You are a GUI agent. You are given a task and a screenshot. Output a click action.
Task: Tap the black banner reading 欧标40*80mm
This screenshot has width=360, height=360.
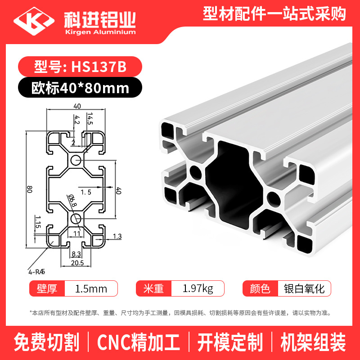[80, 87]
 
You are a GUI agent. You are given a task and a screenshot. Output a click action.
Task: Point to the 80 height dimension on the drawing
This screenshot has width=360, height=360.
[29, 189]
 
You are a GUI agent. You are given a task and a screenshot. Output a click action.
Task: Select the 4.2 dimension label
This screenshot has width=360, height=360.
[77, 121]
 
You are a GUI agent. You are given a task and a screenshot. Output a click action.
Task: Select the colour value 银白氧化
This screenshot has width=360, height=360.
[304, 288]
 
